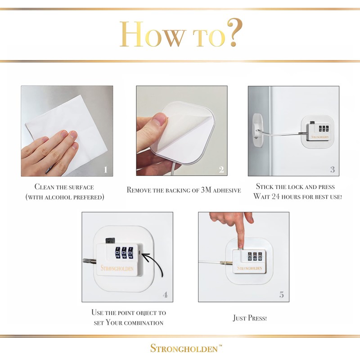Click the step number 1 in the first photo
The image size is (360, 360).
click(105, 170)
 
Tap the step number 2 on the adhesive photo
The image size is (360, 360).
click(221, 170)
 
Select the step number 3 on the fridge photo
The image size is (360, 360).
click(333, 170)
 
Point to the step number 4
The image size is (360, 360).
click(165, 295)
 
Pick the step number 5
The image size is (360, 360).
click(282, 295)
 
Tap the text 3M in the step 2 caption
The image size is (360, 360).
click(206, 189)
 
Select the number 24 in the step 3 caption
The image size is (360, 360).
click(275, 197)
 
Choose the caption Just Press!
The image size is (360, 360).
click(250, 318)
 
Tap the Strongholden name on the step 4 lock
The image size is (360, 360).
click(117, 268)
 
